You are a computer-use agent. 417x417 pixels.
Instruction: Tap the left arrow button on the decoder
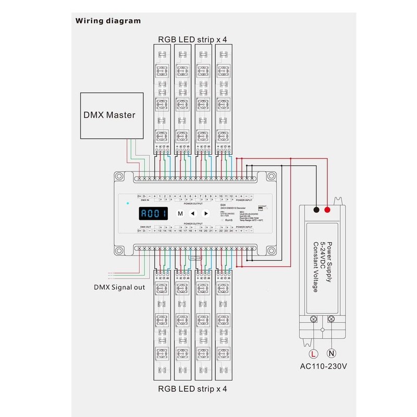coord(192,213)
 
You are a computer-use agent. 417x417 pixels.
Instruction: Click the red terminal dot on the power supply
coord(328,210)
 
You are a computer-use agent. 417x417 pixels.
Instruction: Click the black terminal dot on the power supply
coord(316,210)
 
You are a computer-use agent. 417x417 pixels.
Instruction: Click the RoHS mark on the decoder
coord(228,220)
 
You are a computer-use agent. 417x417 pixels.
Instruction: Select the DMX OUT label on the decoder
coord(144,227)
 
